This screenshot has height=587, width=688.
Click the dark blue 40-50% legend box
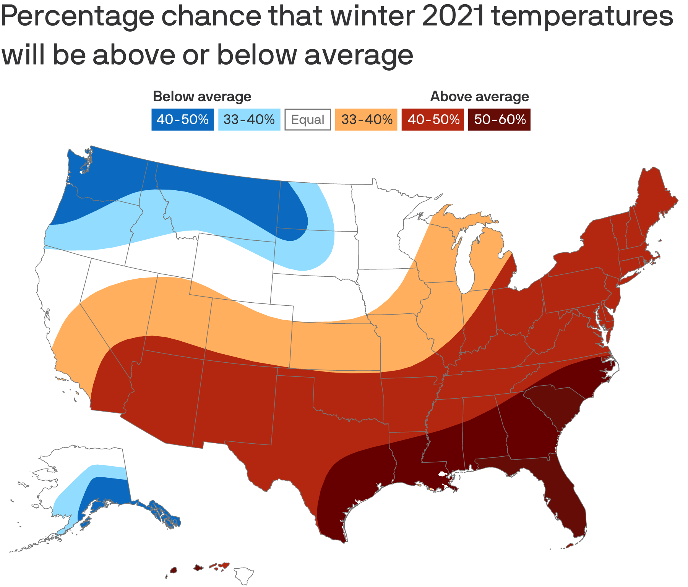click(x=182, y=120)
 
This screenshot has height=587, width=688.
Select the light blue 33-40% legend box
click(x=249, y=120)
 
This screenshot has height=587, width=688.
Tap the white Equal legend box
click(x=308, y=120)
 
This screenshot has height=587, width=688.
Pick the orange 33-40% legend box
click(x=366, y=120)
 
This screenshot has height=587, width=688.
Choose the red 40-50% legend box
click(x=433, y=120)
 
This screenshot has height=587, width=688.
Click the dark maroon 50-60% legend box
click(x=499, y=120)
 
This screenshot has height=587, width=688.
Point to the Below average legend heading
click(x=202, y=97)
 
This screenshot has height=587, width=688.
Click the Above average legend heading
click(x=479, y=97)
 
